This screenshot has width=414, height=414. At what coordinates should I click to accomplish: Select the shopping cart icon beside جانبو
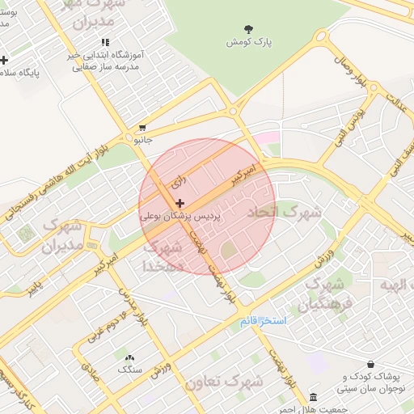click(x=142, y=128)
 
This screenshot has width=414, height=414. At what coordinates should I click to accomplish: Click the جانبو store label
click(x=142, y=140)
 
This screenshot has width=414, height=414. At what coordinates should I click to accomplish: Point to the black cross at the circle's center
click(x=179, y=202)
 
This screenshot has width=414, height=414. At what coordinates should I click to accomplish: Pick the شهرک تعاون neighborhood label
click(x=224, y=380)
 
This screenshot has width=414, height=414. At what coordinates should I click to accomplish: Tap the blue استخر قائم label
click(x=264, y=321)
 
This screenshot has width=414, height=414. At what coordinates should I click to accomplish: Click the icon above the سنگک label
click(x=129, y=357)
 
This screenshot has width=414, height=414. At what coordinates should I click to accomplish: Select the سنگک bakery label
click(x=129, y=370)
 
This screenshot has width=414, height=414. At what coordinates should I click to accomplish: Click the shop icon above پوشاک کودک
click(x=370, y=365)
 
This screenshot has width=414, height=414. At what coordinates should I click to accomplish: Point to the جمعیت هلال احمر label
click(x=327, y=408)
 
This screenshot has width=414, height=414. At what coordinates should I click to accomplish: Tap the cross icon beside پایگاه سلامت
click(x=4, y=60)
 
